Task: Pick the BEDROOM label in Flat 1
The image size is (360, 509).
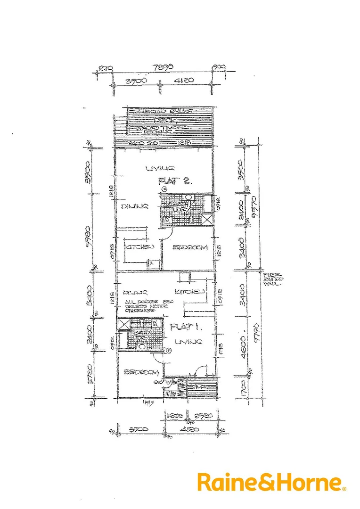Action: [140, 372]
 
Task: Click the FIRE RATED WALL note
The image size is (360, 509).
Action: [275, 278]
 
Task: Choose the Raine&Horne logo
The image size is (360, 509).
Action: [271, 482]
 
